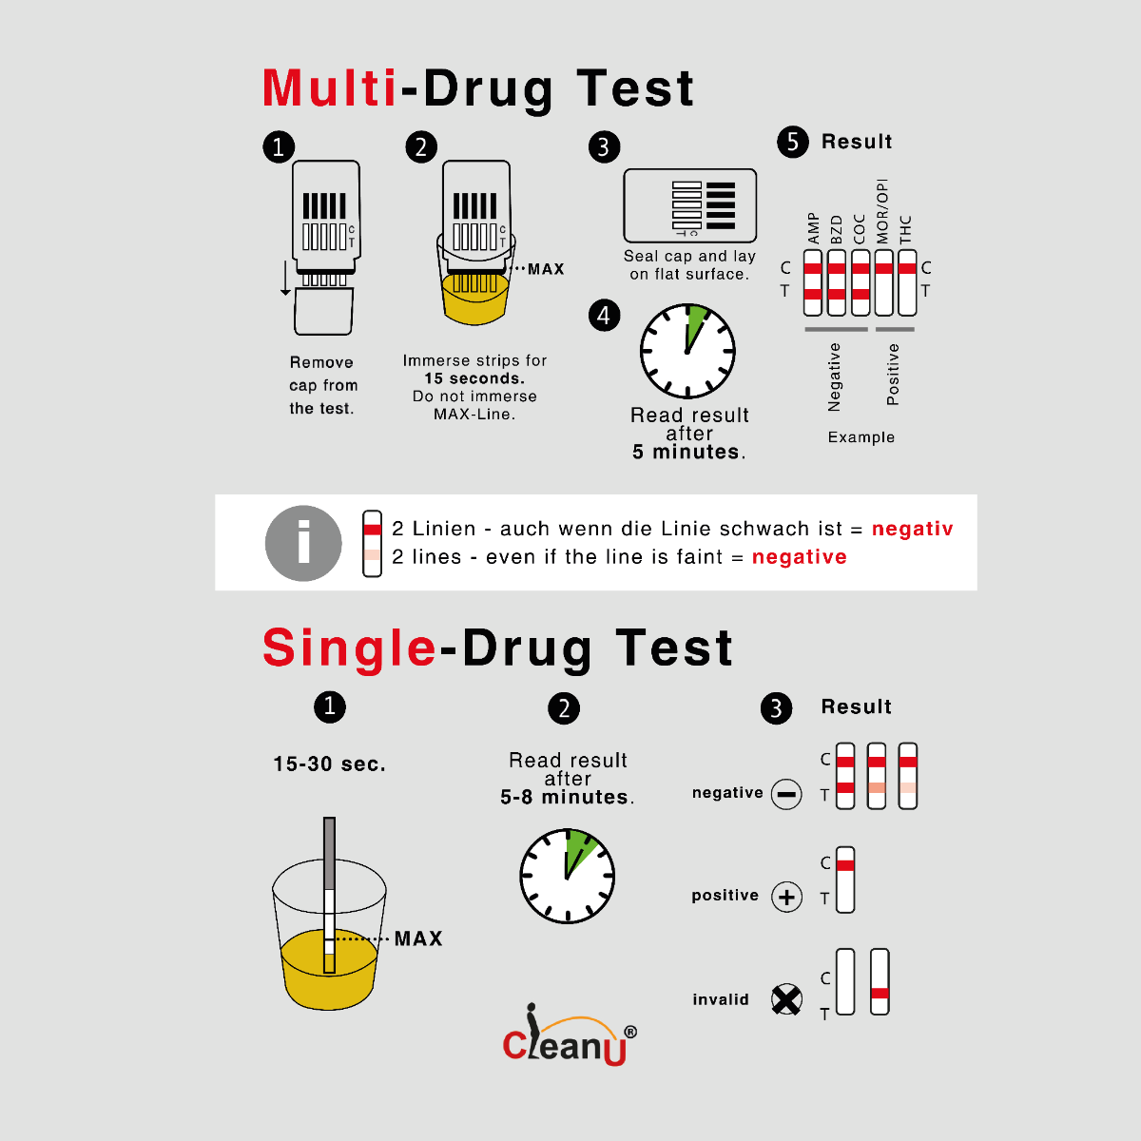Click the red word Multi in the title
tap(329, 88)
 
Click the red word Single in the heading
tap(349, 648)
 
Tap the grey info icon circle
tap(303, 543)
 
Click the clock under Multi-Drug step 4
tap(687, 351)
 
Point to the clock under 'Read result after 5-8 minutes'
tap(568, 876)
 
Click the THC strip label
tap(905, 229)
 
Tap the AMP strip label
tap(813, 228)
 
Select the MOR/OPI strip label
tap(882, 211)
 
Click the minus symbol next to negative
tap(786, 793)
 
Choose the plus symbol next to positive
tap(786, 897)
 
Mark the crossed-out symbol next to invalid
tap(785, 999)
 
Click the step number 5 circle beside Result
tap(792, 142)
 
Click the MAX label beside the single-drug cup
tap(418, 938)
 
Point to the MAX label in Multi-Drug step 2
tap(546, 269)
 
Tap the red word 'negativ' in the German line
tap(912, 529)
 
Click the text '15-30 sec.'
tap(329, 764)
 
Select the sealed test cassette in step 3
tap(689, 205)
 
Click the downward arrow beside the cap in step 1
tap(285, 279)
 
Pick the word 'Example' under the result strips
tap(861, 437)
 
